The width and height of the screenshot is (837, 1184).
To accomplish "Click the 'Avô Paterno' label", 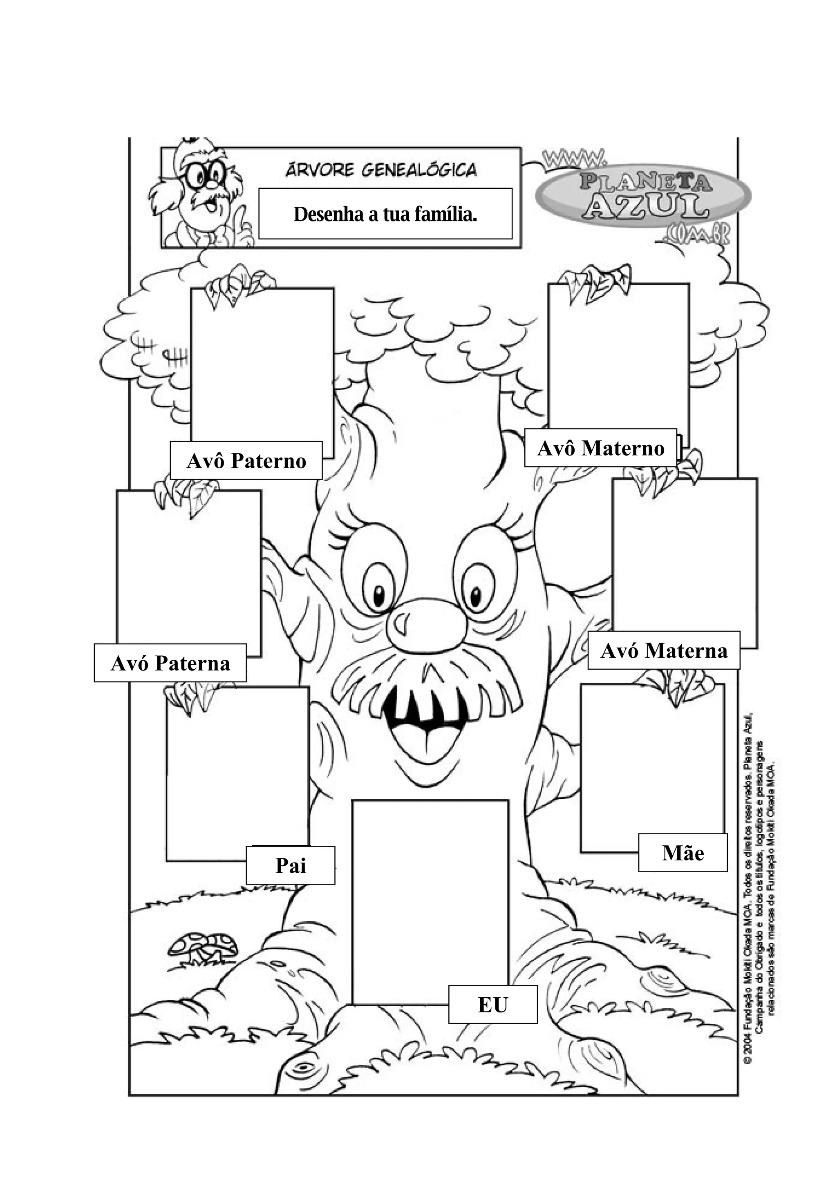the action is [x=246, y=460].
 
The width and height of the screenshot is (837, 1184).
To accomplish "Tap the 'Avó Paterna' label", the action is [x=170, y=663].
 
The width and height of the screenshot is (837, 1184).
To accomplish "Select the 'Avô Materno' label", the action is [x=600, y=448].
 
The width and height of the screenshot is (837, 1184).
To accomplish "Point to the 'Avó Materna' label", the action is [x=664, y=651].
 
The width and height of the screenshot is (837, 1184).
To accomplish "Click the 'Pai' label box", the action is [x=290, y=865].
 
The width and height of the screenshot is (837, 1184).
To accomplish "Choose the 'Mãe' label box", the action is [x=683, y=853].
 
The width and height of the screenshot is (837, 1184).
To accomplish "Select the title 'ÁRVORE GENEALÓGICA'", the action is [x=381, y=170].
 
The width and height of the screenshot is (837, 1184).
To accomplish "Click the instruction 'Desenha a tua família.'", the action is [x=385, y=214].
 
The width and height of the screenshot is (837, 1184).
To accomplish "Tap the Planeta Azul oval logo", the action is [x=644, y=195].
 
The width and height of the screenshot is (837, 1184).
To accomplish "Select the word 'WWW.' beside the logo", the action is [x=573, y=157].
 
